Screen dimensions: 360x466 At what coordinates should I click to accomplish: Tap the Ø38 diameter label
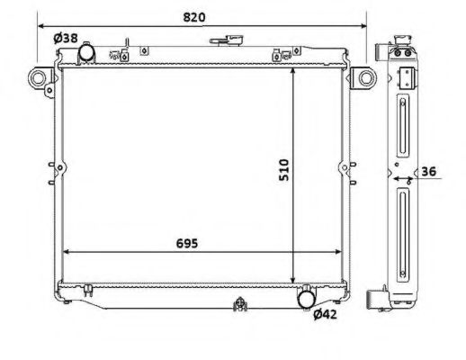click(66, 39)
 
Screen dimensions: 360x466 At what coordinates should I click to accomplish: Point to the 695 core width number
click(184, 243)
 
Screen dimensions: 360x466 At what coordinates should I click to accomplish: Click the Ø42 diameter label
click(326, 314)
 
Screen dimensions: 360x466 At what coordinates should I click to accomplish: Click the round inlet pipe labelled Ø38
click(87, 54)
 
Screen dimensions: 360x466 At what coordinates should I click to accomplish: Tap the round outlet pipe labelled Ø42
click(308, 296)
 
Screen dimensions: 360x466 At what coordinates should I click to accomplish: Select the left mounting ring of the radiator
click(40, 79)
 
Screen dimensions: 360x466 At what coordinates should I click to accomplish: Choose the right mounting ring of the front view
click(363, 79)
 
